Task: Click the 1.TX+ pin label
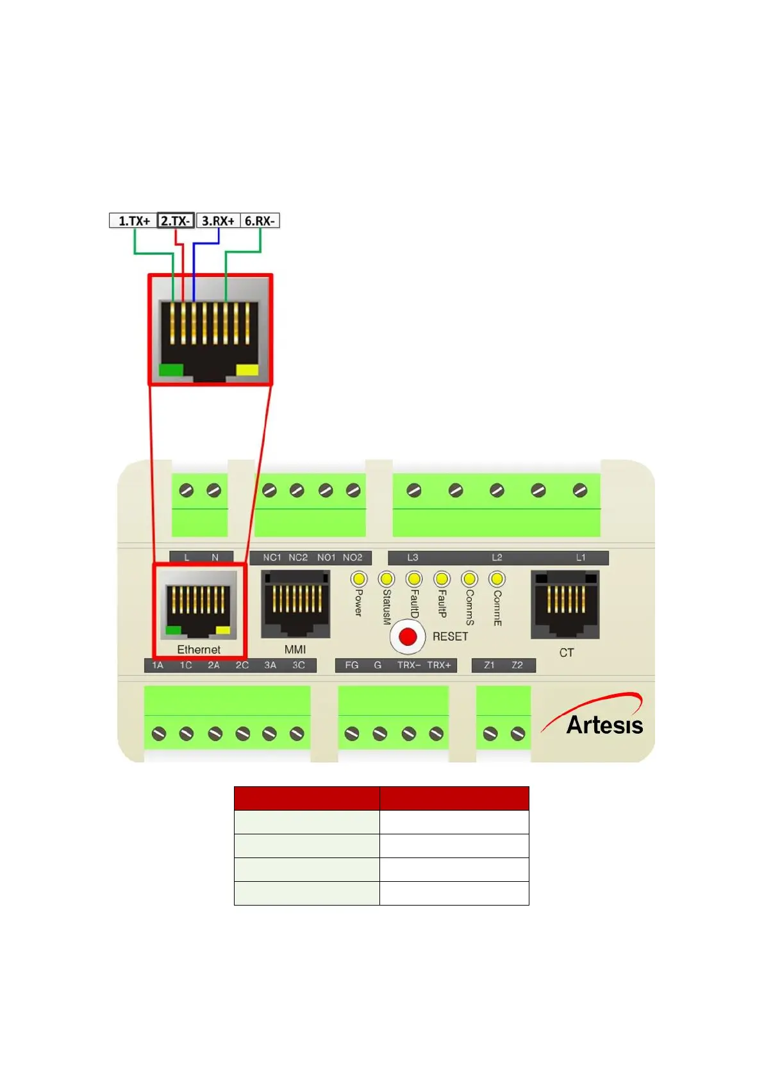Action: (133, 221)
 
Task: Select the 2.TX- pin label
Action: (176, 221)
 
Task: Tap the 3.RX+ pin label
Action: (218, 221)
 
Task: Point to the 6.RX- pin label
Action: (260, 221)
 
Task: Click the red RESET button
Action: (408, 636)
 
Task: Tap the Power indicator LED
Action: (358, 578)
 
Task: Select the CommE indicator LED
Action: (497, 579)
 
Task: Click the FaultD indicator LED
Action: (414, 579)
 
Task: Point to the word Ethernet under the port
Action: (199, 650)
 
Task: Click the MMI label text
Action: (295, 650)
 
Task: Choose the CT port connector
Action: (565, 604)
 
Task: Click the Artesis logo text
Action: (604, 725)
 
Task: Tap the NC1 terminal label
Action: (272, 557)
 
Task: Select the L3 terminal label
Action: (413, 557)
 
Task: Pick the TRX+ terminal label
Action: (439, 665)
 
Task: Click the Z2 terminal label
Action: (517, 665)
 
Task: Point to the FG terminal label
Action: (352, 665)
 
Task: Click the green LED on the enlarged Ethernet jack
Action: (171, 369)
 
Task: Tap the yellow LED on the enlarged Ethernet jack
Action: (247, 369)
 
